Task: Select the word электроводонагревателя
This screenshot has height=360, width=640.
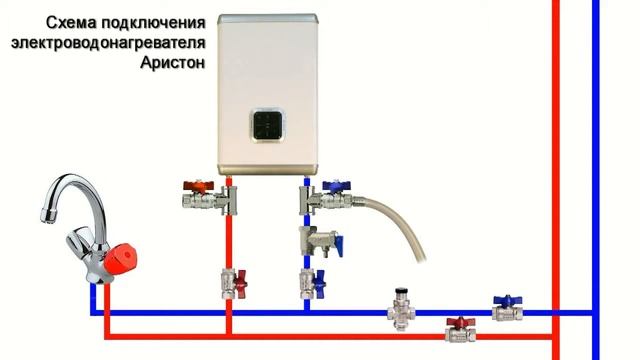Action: (x=108, y=42)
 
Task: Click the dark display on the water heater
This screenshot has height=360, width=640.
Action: (x=266, y=125)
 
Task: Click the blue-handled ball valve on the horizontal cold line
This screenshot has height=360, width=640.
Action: (x=506, y=307)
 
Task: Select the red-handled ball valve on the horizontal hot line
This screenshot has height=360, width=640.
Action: (x=459, y=328)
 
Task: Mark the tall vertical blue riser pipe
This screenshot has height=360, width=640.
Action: (x=596, y=150)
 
